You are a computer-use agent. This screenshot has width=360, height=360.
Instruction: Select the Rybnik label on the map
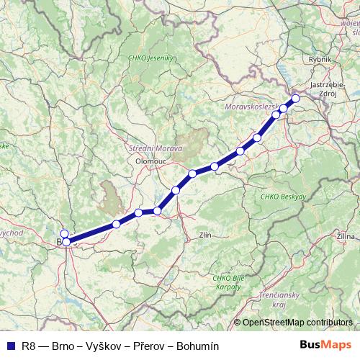coord(318,60)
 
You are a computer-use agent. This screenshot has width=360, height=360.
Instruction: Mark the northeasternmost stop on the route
coord(295,99)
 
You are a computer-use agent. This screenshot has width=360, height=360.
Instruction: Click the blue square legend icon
coord(9,346)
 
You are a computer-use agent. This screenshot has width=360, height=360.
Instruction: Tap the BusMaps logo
coord(326,346)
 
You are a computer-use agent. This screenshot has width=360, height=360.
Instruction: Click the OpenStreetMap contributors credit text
coord(297,323)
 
